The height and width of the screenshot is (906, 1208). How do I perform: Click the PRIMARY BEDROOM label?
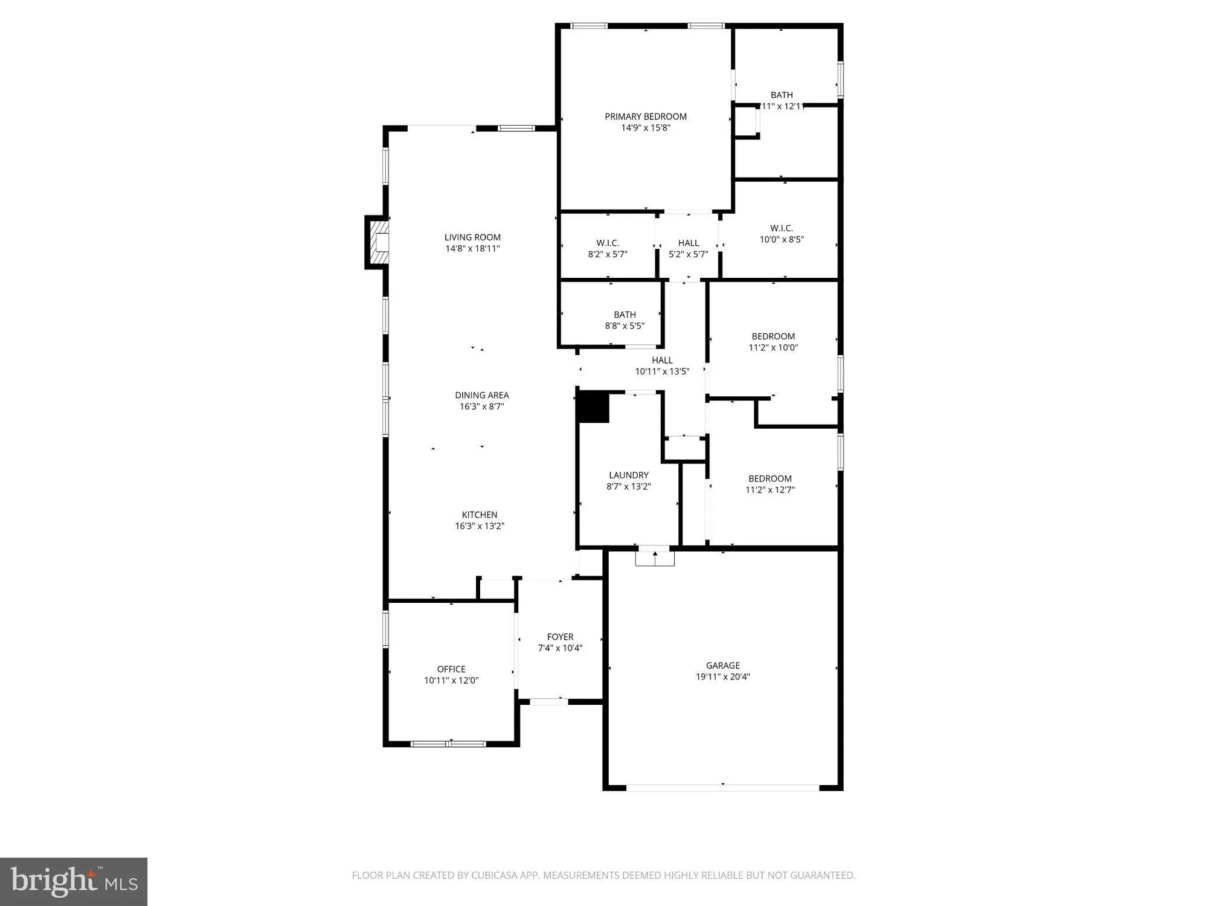646,117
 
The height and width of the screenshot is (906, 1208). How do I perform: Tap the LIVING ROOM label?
472,237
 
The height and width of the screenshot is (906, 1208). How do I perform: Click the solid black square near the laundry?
593,407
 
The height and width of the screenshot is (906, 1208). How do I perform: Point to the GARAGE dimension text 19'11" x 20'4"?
723,676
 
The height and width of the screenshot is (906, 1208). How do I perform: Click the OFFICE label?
451,669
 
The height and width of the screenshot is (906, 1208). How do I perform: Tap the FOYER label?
560,637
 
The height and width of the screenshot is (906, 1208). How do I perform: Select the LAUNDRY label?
629,475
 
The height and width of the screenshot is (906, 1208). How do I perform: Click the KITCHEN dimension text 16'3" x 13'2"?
480,526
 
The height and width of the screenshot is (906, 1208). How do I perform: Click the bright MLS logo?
74,881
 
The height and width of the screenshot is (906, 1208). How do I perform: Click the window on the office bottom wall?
448,744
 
